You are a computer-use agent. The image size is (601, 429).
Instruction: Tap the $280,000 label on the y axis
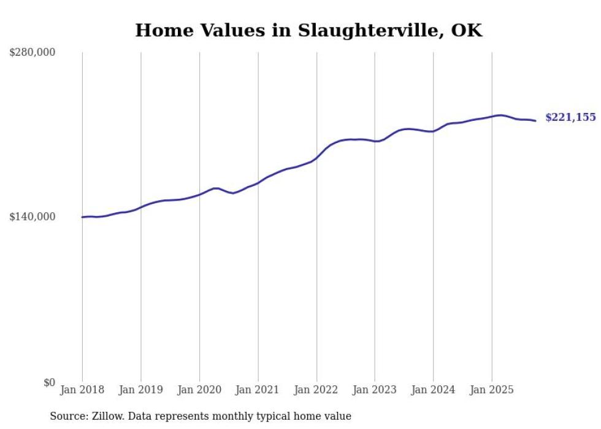(33, 52)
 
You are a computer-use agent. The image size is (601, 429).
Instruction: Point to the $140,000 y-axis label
(33, 217)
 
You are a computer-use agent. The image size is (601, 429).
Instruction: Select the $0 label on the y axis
(49, 382)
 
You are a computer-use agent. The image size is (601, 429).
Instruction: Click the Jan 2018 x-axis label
(82, 390)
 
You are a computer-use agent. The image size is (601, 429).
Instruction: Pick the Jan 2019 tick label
(141, 390)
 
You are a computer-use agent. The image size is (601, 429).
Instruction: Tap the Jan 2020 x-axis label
(199, 390)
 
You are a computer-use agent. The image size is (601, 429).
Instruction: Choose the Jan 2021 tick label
(258, 390)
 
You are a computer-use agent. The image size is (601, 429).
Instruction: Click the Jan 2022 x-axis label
(316, 390)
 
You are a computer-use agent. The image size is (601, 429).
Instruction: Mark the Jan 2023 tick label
(375, 390)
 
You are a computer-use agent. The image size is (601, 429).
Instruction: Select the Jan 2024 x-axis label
(433, 390)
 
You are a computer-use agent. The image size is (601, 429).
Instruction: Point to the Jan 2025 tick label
(492, 390)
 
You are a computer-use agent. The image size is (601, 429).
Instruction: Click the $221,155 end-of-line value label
(570, 117)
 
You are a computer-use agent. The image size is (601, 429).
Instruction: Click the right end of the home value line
(535, 120)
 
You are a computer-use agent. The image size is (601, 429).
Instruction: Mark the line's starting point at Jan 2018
(82, 217)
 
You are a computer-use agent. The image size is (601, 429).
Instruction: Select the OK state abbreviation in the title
(467, 31)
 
